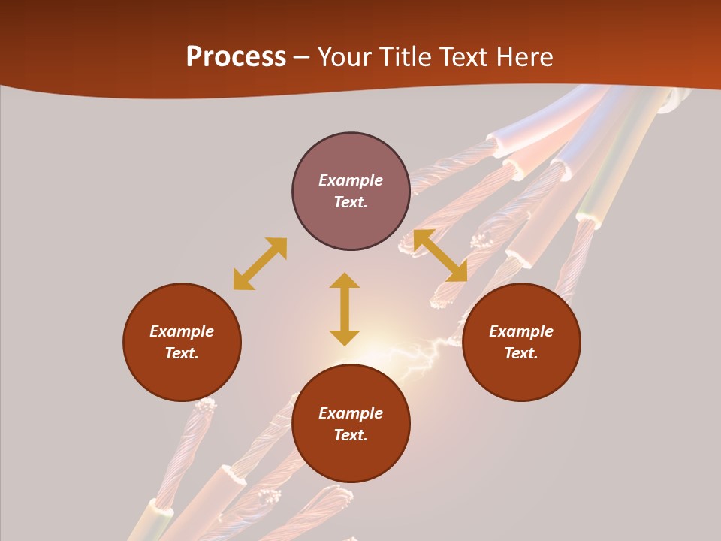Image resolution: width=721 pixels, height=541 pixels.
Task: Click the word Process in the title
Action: [236, 56]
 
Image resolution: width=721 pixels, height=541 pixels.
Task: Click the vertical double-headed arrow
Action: [345, 309]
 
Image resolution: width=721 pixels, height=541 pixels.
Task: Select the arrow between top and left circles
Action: [260, 264]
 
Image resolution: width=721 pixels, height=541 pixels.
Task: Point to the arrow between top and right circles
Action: [440, 255]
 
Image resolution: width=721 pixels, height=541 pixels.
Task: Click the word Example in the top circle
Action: [351, 180]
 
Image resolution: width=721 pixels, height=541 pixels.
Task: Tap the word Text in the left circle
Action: [182, 353]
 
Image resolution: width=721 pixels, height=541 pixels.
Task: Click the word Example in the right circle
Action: [521, 331]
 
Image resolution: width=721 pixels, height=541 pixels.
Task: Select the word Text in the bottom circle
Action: [351, 435]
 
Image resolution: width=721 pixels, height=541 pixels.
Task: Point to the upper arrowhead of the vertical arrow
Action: [345, 281]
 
